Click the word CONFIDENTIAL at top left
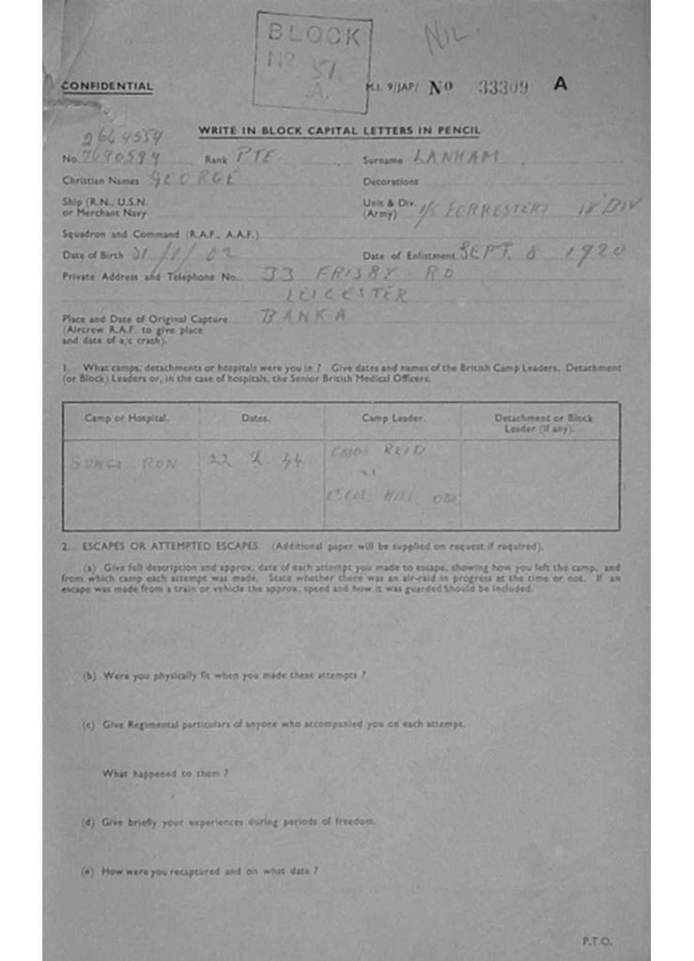107,86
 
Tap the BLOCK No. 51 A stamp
312,62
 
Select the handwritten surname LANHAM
457,158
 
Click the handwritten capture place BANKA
290,317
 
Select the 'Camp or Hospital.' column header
128,418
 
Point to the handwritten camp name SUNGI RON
124,463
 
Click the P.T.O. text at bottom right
597,939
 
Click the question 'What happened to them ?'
165,773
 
